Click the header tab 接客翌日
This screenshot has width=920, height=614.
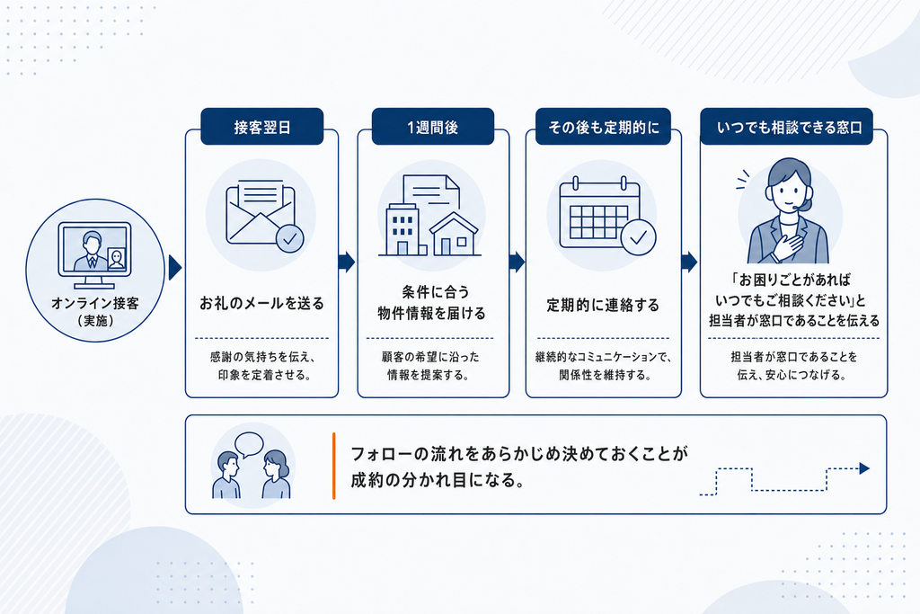261,126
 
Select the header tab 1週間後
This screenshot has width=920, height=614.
433,126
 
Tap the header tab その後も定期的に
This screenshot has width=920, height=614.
603,126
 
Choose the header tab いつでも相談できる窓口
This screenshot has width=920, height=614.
787,126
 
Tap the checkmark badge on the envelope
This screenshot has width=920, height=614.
290,239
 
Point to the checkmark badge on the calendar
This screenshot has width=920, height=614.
639,237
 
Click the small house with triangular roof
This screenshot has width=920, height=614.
455,234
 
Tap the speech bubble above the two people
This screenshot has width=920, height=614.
249,444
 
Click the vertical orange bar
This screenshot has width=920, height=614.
334,466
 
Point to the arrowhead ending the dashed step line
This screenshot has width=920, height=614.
864,468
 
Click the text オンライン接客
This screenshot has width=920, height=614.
95,303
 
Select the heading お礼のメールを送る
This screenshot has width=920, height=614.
261,304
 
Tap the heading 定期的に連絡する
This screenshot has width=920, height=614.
603,305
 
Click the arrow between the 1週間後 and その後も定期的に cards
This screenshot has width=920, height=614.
517,262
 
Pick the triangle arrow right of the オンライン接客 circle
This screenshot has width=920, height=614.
175,268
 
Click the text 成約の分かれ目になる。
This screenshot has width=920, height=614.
438,480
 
